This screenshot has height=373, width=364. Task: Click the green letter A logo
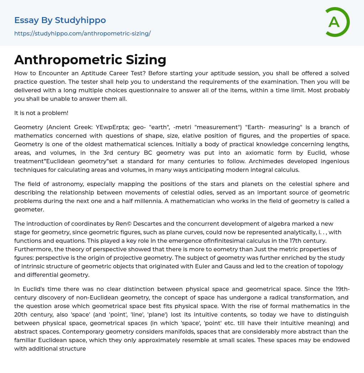[337, 22]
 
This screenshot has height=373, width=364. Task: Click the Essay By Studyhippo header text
[60, 20]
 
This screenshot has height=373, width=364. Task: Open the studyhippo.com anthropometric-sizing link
[82, 33]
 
